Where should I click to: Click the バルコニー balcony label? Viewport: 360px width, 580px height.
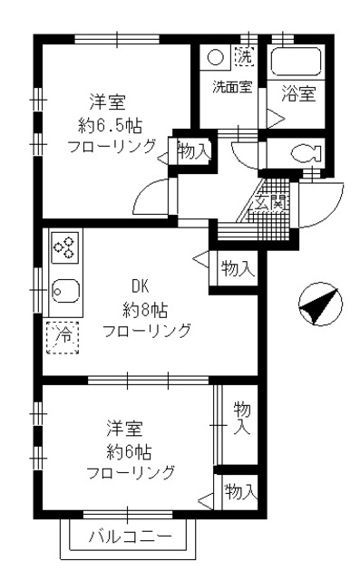pos(129,537)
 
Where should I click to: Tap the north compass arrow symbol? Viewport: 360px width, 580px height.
pos(318,304)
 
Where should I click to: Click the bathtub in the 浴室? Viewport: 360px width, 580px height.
pos(296,63)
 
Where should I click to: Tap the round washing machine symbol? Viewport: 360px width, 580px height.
pos(216,57)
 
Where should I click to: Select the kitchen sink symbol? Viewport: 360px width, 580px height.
pos(63,293)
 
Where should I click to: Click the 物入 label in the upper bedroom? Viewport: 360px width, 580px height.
pos(193,151)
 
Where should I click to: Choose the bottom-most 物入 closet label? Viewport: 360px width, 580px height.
pos(239,492)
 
